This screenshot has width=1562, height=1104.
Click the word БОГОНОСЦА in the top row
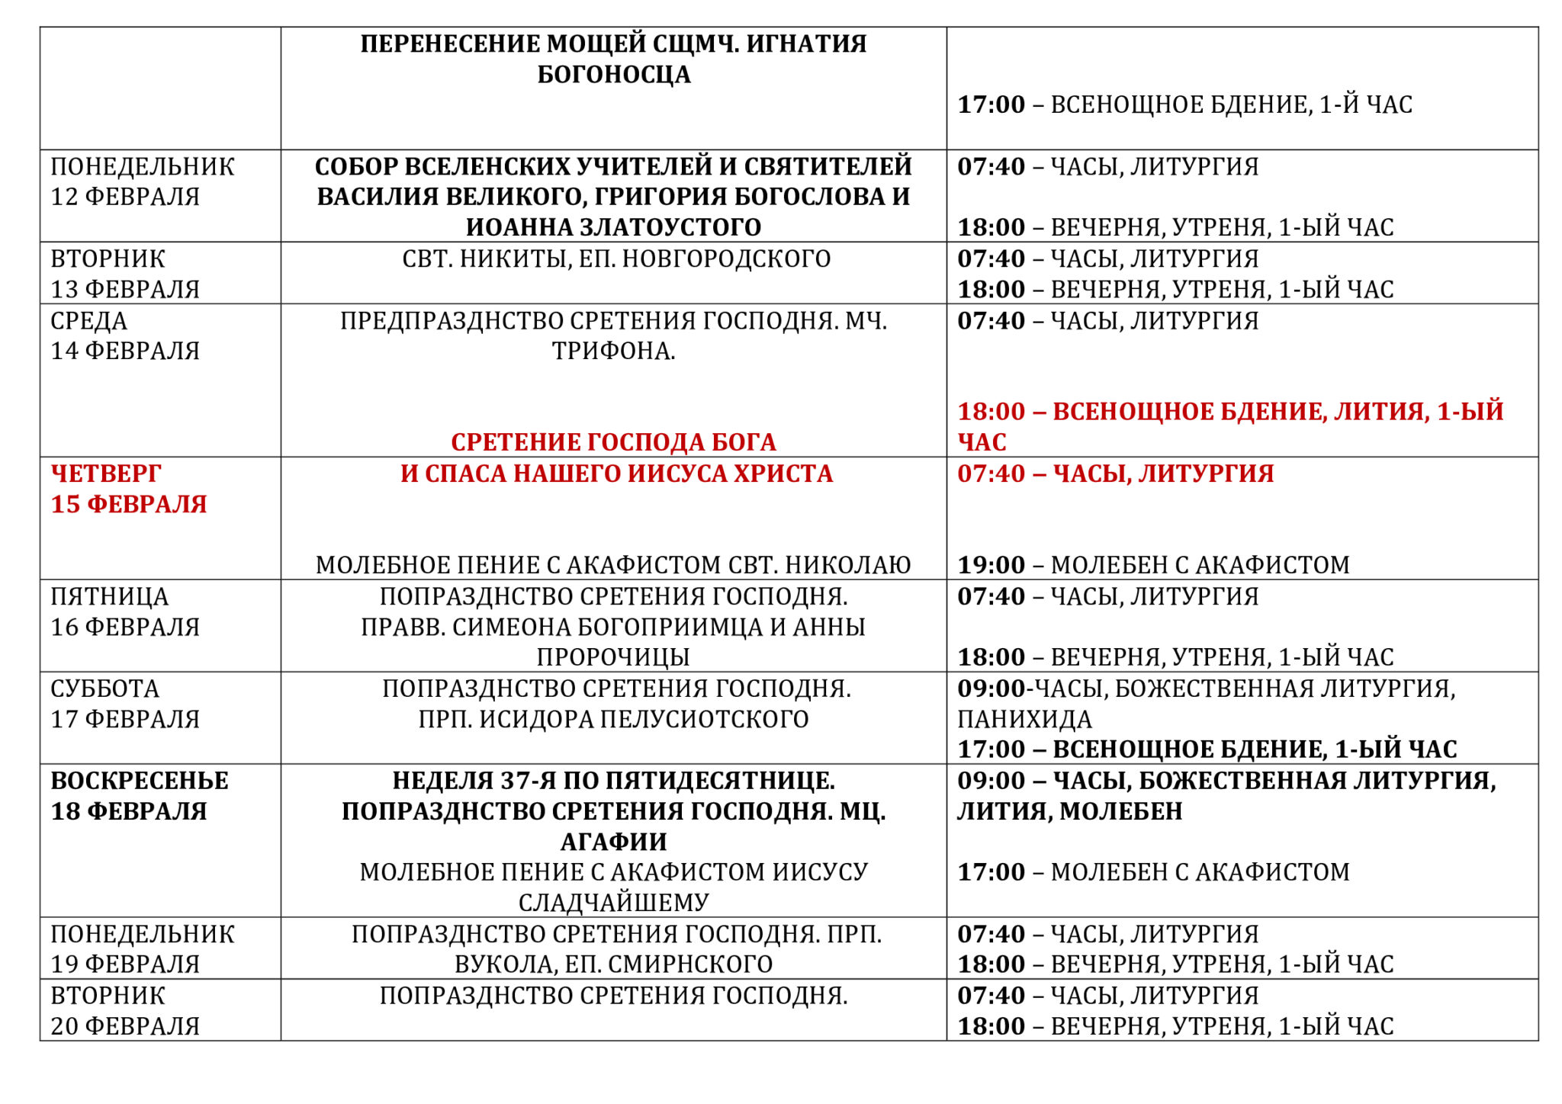[614, 75]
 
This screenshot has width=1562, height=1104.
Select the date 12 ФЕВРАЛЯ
[125, 197]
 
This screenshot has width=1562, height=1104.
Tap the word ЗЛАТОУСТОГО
[670, 227]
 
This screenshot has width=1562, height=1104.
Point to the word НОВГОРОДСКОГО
[726, 259]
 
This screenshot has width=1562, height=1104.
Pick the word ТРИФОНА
[614, 351]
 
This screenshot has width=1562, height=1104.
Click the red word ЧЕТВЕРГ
[106, 473]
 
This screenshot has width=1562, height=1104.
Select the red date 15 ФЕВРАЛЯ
[129, 504]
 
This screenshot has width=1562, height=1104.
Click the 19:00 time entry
[991, 565]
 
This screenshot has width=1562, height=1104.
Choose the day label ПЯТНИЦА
[110, 596]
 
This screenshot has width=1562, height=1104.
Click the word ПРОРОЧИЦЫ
[614, 657]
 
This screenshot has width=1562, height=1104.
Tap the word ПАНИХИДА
[1024, 719]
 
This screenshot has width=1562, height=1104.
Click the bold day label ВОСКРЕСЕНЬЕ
[140, 781]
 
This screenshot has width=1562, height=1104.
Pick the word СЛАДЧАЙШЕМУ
[614, 903]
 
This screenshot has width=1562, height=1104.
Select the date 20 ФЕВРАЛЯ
[125, 1026]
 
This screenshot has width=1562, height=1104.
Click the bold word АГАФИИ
[614, 842]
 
